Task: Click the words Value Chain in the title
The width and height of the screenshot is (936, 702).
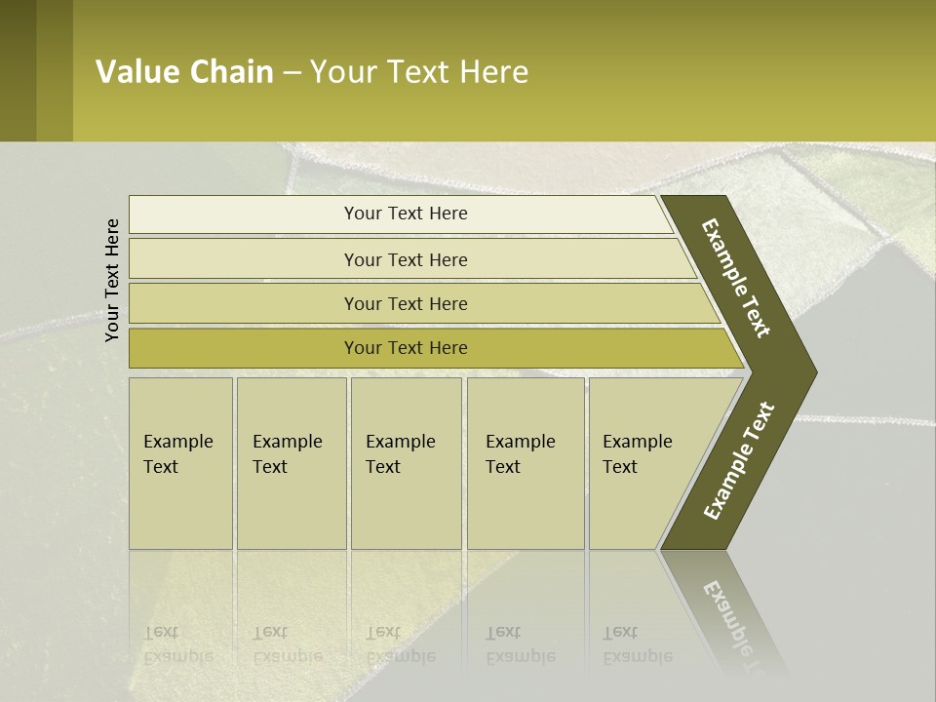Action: (184, 72)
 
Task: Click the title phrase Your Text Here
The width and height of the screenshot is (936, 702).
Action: (419, 72)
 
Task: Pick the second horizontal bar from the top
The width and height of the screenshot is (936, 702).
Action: (405, 259)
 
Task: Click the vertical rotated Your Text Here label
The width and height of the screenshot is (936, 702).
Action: (112, 280)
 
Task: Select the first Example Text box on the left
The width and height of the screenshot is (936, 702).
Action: (180, 463)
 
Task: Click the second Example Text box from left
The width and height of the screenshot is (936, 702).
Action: (291, 463)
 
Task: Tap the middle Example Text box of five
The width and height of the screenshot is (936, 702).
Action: (406, 463)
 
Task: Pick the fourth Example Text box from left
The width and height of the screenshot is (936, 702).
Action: (525, 463)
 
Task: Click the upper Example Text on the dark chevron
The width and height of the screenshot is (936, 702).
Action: (736, 278)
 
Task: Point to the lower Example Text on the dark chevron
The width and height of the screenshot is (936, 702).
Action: (739, 461)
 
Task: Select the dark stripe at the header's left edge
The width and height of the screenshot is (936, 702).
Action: (18, 70)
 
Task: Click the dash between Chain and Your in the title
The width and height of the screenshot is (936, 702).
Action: (292, 73)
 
